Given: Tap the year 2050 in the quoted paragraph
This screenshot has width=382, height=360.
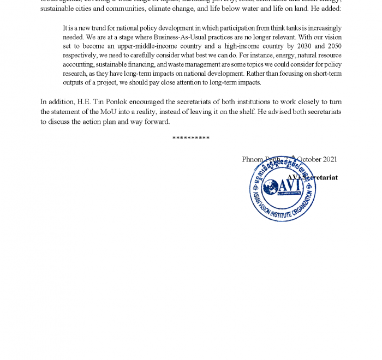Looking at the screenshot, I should click(x=333, y=47).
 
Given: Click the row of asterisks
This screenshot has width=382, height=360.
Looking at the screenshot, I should click(x=191, y=139).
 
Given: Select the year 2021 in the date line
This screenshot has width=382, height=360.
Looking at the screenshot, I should click(x=330, y=159).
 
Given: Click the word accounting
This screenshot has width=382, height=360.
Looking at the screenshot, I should click(x=79, y=64).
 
